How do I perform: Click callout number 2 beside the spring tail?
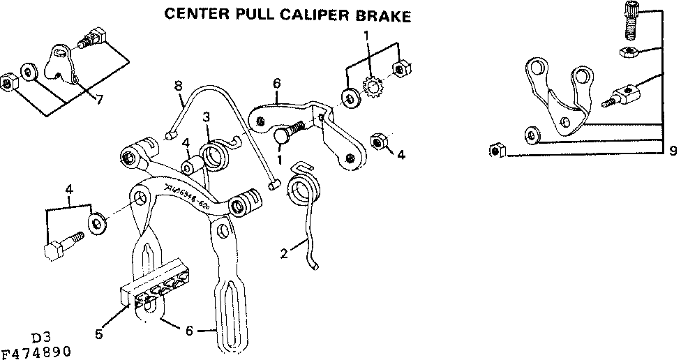tap(284, 253)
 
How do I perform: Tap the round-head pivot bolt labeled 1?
tap(285, 134)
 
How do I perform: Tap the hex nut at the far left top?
tap(8, 81)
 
